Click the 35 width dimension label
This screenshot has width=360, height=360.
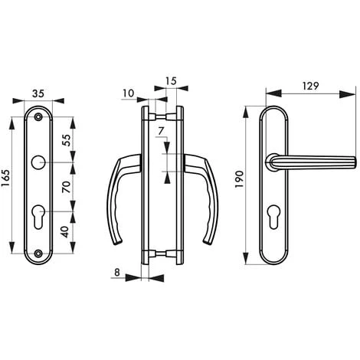click(x=38, y=93)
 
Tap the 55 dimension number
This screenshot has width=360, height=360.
click(x=66, y=140)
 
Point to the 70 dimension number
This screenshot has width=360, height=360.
click(x=66, y=187)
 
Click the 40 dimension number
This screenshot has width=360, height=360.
click(x=66, y=232)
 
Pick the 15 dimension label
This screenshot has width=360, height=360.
click(x=171, y=81)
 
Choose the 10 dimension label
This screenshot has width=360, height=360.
click(x=129, y=93)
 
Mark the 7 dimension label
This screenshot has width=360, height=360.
click(x=161, y=131)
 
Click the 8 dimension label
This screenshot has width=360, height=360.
click(x=117, y=273)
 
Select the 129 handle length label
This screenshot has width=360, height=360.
click(x=310, y=86)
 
